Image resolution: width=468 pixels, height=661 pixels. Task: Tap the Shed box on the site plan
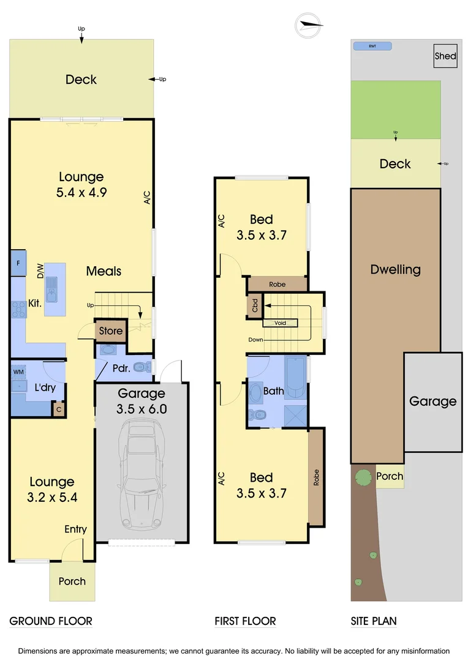pyautogui.click(x=445, y=56)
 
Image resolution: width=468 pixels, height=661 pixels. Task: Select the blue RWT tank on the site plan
pyautogui.click(x=372, y=47)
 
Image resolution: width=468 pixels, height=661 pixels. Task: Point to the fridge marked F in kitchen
pyautogui.click(x=18, y=264)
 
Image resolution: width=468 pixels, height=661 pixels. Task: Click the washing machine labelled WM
pyautogui.click(x=18, y=371)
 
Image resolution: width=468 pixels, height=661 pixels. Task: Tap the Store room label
pyautogui.click(x=111, y=331)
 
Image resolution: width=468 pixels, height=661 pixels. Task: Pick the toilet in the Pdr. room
pyautogui.click(x=141, y=367)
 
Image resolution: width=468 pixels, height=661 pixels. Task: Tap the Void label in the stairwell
pyautogui.click(x=281, y=323)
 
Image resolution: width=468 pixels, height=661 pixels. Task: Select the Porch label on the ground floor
pyautogui.click(x=72, y=581)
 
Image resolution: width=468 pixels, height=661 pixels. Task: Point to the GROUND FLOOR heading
pyautogui.click(x=51, y=621)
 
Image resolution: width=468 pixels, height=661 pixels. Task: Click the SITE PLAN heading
pyautogui.click(x=374, y=621)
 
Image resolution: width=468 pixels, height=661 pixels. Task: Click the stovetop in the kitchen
pyautogui.click(x=17, y=310)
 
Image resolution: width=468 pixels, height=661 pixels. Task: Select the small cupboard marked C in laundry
pyautogui.click(x=59, y=409)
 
